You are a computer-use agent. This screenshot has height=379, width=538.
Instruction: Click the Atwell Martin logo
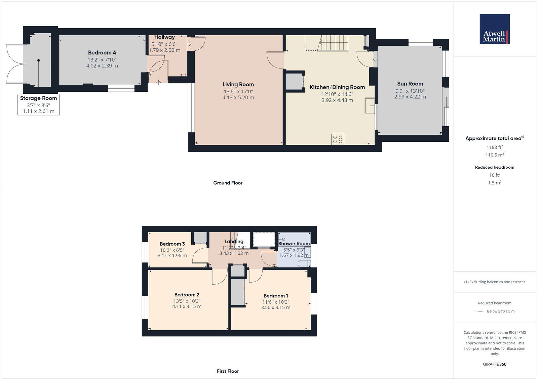494,29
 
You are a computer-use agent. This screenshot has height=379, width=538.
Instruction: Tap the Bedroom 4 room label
102,53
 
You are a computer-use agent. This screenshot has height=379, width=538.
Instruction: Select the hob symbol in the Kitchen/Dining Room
338,139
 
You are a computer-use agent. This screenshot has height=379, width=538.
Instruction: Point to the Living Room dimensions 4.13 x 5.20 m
238,98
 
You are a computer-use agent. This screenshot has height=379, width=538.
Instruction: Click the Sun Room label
410,84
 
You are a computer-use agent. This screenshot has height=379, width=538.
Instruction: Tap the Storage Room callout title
38,98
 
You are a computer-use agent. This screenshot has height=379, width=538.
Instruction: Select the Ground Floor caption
228,183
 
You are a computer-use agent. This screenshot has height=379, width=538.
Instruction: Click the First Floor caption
228,371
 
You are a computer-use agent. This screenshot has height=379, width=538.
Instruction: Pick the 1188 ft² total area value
494,147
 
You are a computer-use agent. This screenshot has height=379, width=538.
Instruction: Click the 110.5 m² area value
494,155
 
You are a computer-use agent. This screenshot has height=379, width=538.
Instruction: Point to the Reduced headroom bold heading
494,167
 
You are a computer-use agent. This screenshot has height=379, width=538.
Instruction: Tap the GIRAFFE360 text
494,364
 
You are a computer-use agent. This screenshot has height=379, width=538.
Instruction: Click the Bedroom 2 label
187,295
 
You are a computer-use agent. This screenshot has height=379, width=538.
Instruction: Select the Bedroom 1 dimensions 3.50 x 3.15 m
275,307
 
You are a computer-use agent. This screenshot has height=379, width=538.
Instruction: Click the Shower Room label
294,244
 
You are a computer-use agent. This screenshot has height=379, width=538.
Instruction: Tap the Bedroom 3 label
172,244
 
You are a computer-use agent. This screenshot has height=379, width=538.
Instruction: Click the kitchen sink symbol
370,106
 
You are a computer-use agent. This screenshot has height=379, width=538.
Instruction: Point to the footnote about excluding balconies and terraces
494,282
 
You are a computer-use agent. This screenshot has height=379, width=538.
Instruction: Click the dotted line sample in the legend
479,311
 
